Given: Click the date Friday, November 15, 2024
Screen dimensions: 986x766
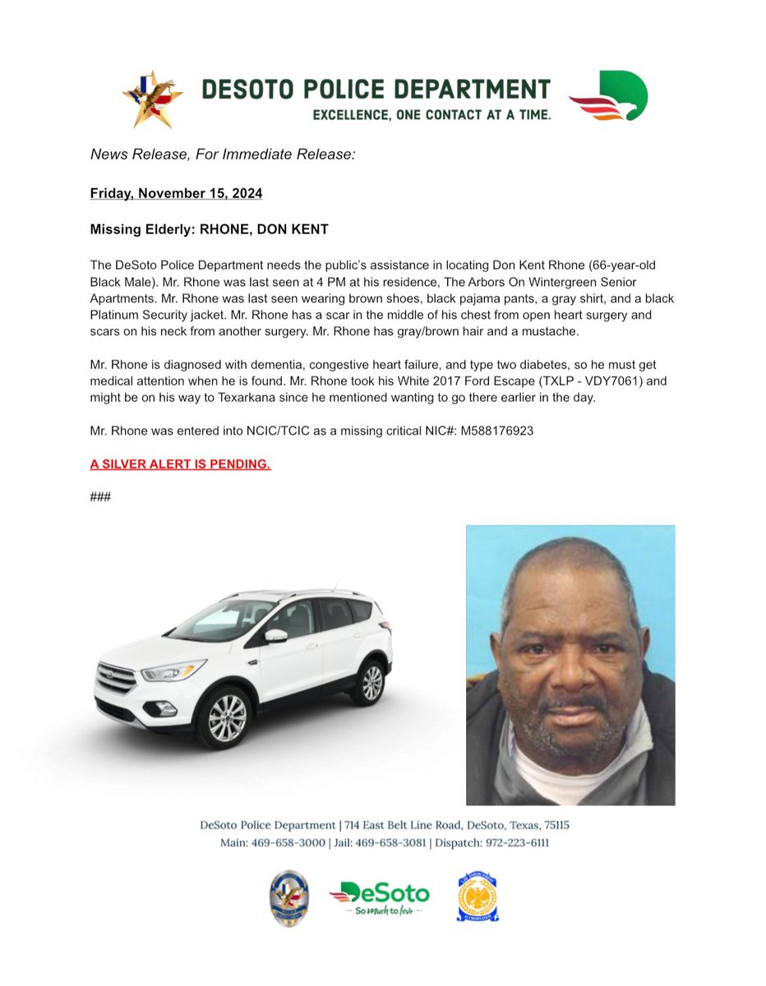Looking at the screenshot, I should click(176, 194).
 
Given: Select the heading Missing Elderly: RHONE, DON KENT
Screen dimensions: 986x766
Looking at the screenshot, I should click(209, 229).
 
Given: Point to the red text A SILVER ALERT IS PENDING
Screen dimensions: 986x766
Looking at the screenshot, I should click(180, 464).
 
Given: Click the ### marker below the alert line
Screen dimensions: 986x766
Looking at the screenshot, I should click(100, 498).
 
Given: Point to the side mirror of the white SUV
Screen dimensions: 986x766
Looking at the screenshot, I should click(275, 635).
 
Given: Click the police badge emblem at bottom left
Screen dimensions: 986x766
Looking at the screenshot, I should click(289, 898).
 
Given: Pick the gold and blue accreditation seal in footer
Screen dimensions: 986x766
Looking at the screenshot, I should click(477, 896).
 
